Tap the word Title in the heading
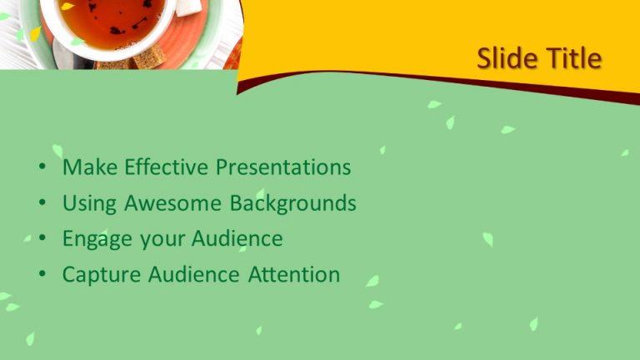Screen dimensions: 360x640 point(572,58)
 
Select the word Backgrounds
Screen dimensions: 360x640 point(292,203)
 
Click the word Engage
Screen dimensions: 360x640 point(97,240)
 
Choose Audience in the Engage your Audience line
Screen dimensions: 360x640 point(237,239)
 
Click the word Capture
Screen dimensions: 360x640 point(102,275)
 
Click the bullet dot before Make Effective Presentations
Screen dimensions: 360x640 point(42,168)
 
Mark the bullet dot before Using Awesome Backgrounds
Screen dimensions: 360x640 point(42,204)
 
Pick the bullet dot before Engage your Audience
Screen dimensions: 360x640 point(42,240)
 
